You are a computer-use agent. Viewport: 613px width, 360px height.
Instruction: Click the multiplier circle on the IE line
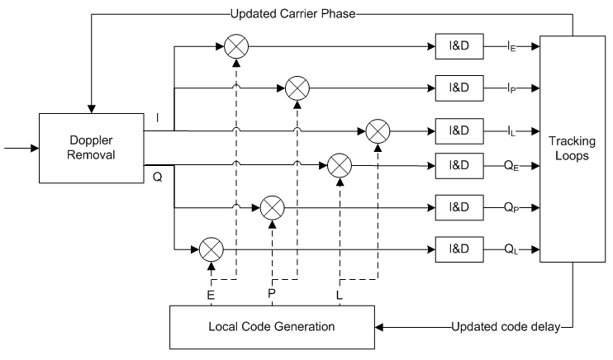point(235,47)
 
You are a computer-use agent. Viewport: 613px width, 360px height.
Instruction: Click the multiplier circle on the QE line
point(339,166)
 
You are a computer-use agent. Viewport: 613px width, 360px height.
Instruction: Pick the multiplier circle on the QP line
point(272,206)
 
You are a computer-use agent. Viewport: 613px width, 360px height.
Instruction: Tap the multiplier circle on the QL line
point(211,246)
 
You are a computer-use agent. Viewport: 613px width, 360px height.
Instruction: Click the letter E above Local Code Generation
point(212,293)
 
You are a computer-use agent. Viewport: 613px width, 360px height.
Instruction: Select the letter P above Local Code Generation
point(272,293)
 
